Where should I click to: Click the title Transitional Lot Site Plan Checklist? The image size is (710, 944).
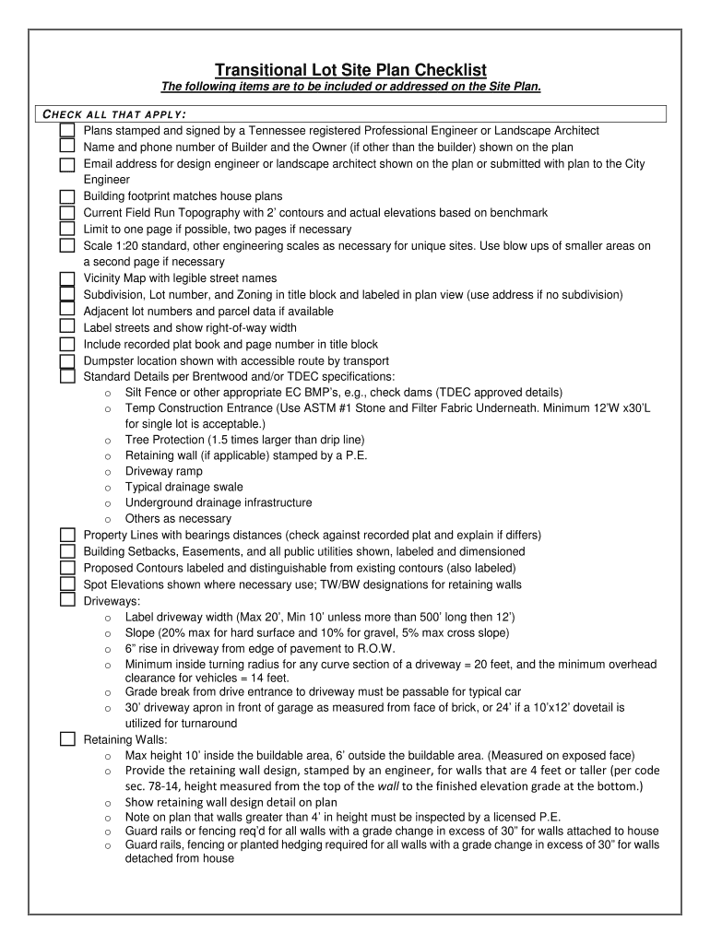coord(350,70)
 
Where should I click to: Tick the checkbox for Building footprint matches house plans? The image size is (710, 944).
coord(67,196)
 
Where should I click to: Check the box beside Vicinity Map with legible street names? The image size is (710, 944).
coord(67,278)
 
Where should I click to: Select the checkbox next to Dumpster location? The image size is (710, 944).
coord(67,360)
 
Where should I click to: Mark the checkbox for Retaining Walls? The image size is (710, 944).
coord(67,738)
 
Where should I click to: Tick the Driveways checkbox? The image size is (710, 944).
coord(67,600)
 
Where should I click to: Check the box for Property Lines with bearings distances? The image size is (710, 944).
coord(67,535)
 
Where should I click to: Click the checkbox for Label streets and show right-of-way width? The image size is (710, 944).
coord(67,327)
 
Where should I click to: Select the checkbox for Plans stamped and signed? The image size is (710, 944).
coord(67,130)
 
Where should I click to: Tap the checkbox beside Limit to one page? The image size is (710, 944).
coord(67,229)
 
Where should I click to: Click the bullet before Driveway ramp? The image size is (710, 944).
coord(109,471)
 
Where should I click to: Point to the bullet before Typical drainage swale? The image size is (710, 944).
coord(109,488)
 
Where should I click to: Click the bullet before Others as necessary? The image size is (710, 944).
coord(109,520)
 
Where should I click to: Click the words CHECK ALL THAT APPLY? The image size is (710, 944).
coord(115,114)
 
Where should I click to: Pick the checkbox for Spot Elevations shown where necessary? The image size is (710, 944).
coord(67,584)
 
